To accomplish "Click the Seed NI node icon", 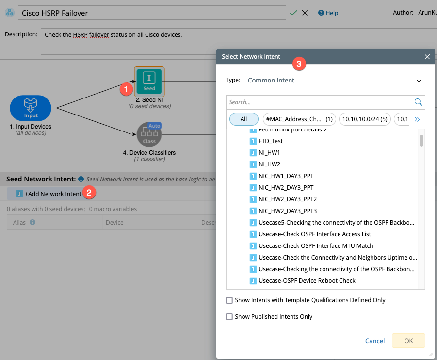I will (x=149, y=82).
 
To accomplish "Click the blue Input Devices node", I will (x=31, y=108).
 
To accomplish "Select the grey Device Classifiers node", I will (x=149, y=134).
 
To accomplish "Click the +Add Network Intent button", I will (x=49, y=194).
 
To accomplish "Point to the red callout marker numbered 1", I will (x=126, y=89).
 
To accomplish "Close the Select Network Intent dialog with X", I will (x=427, y=57).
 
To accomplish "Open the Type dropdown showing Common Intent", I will (x=335, y=80).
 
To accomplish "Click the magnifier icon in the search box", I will (x=418, y=102).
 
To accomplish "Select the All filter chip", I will (x=243, y=119).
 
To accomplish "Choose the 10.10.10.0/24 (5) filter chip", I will (x=365, y=119).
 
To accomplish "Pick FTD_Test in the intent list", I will (x=271, y=141).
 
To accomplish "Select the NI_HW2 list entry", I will (x=269, y=164).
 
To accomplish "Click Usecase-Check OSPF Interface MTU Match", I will (x=316, y=245).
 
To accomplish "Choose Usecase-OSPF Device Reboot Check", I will (x=307, y=280).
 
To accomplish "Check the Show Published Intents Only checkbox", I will (x=229, y=317).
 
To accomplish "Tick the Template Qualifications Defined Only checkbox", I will (x=229, y=300).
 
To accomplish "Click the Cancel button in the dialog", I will (x=375, y=341).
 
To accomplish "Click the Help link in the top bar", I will (x=328, y=13).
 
